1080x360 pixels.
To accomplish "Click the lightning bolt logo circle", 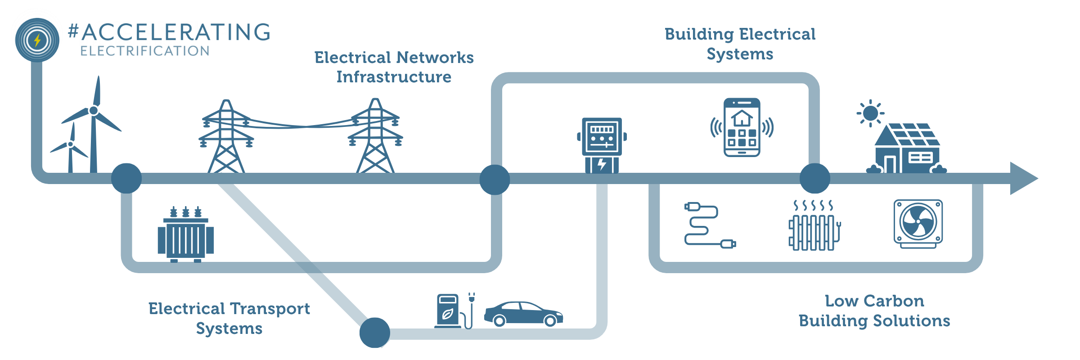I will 37,40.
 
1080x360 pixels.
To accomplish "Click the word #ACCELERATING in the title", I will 169,32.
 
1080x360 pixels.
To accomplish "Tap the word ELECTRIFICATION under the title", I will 145,51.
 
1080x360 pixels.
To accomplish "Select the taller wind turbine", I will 94,121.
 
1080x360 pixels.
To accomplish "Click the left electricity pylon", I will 226,137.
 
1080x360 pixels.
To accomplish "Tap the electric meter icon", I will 602,144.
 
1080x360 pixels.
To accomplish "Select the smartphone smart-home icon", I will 742,128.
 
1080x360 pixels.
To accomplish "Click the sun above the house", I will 870,113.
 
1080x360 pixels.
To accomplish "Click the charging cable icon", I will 709,225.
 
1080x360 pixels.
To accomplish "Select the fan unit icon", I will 918,224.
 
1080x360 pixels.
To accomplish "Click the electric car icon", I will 523,314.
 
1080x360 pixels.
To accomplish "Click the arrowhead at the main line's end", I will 1022,179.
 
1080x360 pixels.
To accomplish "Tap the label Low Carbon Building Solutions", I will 874,311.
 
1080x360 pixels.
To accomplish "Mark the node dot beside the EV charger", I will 374,333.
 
